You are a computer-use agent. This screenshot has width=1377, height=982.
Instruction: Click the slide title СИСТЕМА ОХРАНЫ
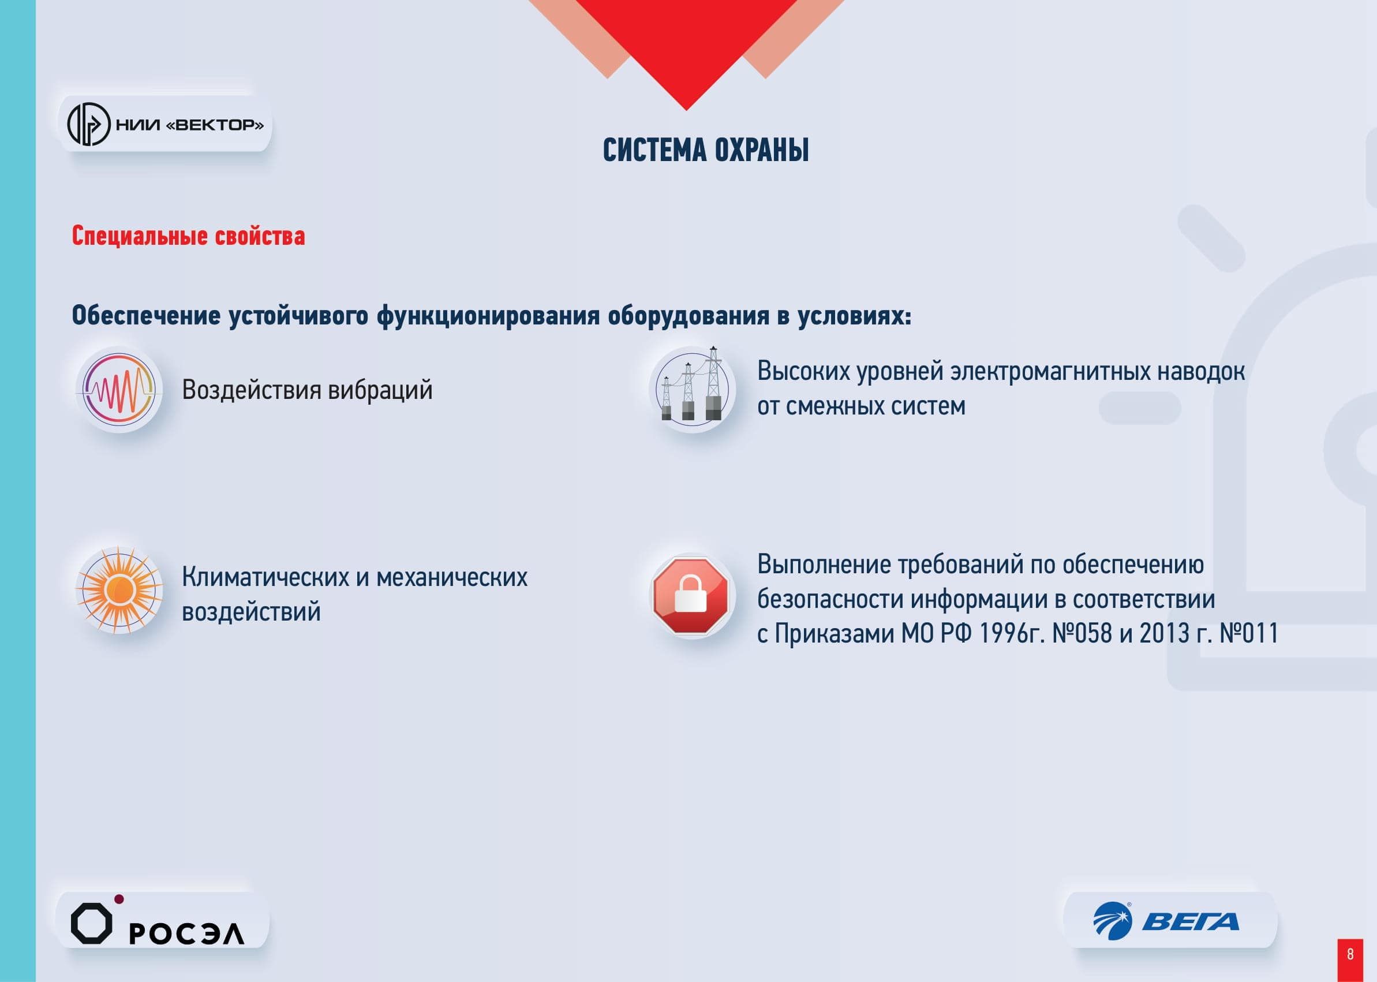[x=705, y=150]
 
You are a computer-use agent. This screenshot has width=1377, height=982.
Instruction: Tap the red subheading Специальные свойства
[x=189, y=236]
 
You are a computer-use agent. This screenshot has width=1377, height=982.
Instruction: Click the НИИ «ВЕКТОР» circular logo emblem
[x=88, y=125]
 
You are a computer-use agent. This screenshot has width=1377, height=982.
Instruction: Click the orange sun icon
[x=118, y=590]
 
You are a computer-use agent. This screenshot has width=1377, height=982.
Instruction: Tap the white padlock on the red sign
[x=690, y=594]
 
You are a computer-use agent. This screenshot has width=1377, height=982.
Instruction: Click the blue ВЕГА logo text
[x=1190, y=922]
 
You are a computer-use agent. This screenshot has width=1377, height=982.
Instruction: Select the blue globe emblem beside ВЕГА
[x=1112, y=921]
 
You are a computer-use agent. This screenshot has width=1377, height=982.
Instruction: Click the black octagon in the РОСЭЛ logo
[x=91, y=923]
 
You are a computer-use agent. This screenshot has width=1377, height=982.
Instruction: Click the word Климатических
[x=265, y=577]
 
